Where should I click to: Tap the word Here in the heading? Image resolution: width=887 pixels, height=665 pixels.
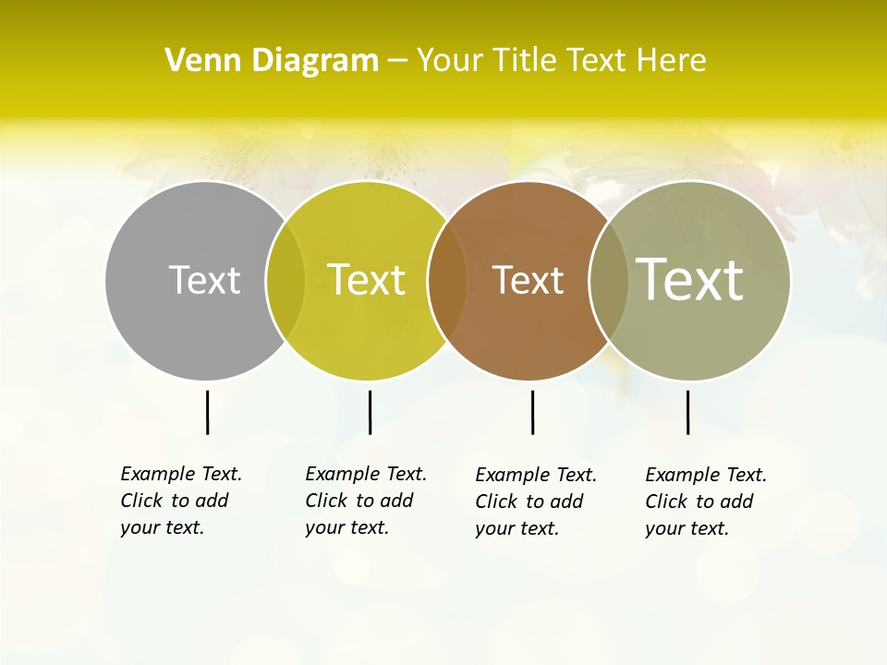(672, 61)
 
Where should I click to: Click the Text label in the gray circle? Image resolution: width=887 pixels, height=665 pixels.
(204, 280)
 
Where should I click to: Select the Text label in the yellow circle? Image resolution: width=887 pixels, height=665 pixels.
(366, 280)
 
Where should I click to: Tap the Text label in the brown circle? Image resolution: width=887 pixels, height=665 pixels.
(528, 280)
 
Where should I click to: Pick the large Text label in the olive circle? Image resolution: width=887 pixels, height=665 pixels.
(690, 279)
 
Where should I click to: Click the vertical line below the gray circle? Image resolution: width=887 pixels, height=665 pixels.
(207, 412)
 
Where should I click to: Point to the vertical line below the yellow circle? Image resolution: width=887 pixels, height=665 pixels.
(370, 412)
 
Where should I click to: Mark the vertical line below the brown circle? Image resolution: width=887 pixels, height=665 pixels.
(532, 412)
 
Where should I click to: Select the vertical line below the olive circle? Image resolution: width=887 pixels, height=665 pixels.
(687, 412)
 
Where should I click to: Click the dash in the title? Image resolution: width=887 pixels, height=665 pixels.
(397, 62)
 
